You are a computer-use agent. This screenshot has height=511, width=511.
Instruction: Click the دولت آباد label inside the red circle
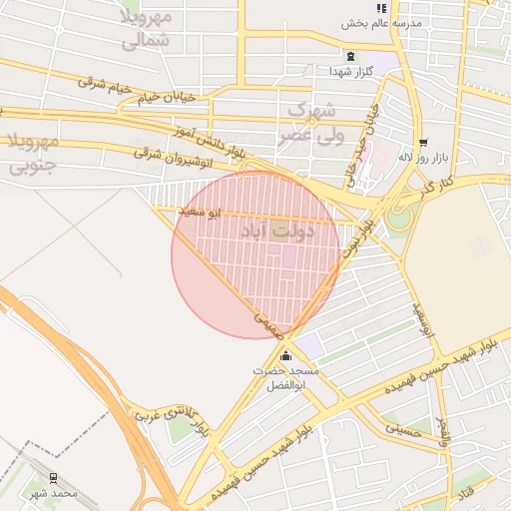tap(277, 231)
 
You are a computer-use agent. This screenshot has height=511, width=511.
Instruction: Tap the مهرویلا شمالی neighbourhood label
tap(147, 29)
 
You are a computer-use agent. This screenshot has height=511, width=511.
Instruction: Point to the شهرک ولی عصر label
tap(314, 119)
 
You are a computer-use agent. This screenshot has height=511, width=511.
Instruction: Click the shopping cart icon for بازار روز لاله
tap(424, 142)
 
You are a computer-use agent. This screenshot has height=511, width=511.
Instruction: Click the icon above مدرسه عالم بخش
tap(381, 7)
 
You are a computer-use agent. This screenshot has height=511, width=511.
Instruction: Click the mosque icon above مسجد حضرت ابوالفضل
tap(286, 356)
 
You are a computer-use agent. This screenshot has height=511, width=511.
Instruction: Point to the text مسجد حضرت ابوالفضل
tap(286, 377)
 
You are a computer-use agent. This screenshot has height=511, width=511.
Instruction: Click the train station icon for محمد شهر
tap(53, 478)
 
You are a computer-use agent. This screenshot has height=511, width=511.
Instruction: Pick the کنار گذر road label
tap(436, 184)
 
